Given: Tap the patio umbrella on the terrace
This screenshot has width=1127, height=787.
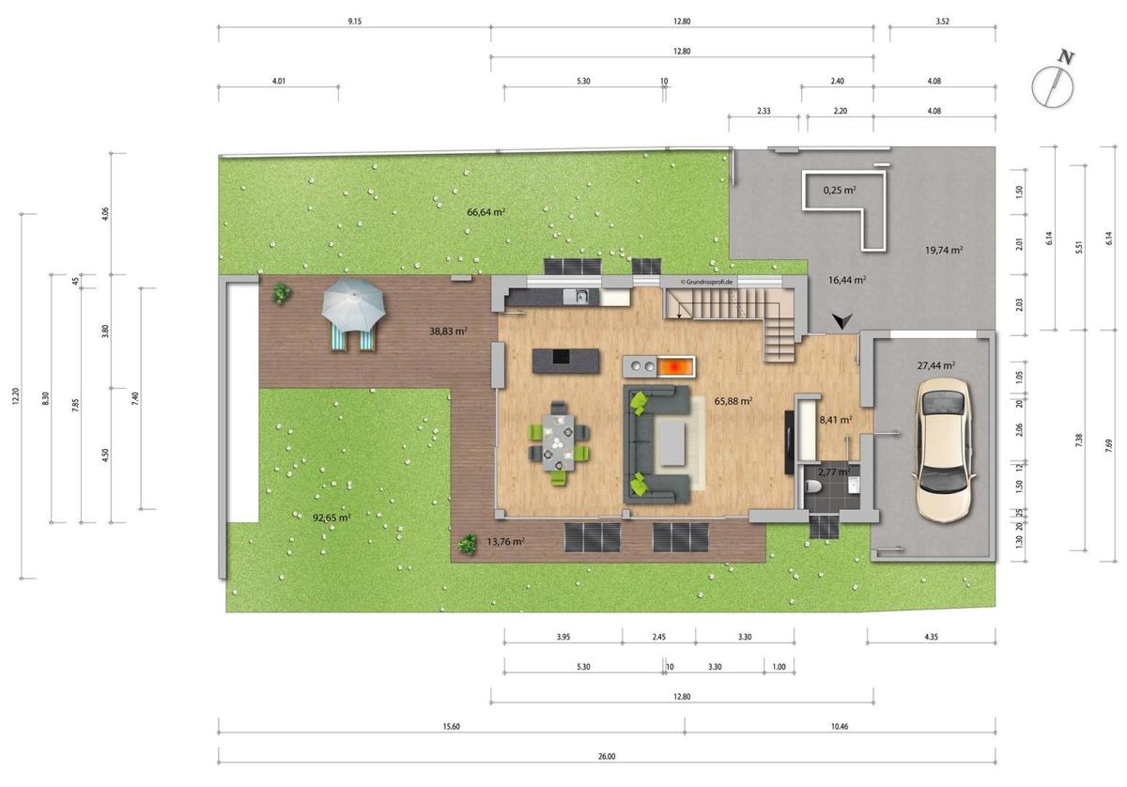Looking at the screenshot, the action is (353, 303).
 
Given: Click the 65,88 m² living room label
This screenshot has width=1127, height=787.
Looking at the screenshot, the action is (733, 401).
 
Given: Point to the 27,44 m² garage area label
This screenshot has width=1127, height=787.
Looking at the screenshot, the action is (935, 365).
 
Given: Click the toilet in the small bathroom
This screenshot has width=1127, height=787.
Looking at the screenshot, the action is (813, 486).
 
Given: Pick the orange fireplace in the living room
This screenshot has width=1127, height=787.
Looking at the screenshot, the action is (677, 366).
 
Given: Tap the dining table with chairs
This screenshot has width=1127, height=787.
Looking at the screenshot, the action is (559, 443).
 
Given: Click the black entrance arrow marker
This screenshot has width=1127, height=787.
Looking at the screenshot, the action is (841, 320).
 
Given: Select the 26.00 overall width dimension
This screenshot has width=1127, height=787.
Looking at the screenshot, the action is (607, 756).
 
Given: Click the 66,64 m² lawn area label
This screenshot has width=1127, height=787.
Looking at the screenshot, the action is (486, 212).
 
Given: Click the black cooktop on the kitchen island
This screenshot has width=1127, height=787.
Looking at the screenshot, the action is (561, 356).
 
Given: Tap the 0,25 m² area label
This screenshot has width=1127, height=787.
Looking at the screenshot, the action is (840, 191).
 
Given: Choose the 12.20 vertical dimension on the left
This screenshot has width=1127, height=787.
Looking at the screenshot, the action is (16, 396).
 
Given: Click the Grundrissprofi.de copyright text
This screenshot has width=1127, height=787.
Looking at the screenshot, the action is (706, 283).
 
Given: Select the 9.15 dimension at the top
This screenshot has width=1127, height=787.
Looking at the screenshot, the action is (355, 22).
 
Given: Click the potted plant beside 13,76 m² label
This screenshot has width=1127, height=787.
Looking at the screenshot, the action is (468, 545).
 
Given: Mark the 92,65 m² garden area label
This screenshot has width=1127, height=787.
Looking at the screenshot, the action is (332, 517).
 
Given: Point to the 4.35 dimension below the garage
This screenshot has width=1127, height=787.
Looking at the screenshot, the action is (932, 637).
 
